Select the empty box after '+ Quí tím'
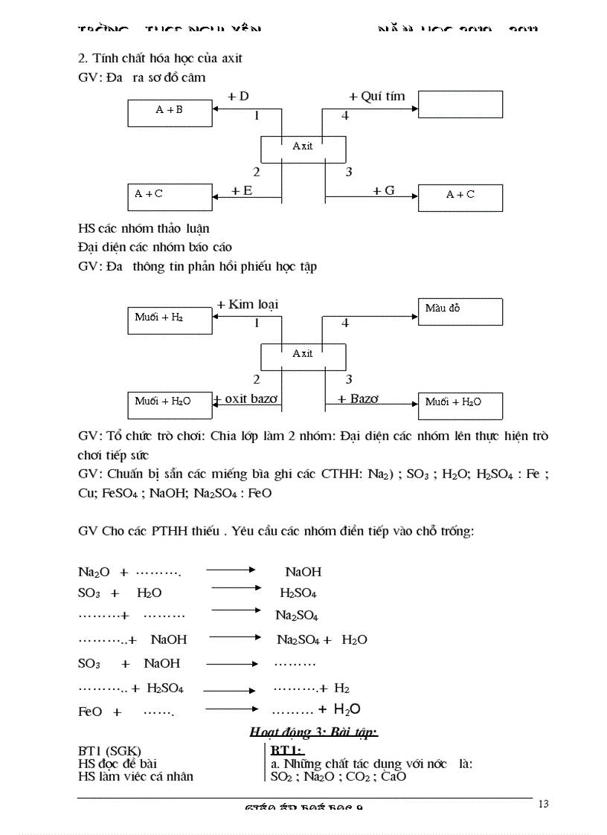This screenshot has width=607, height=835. coord(459,104)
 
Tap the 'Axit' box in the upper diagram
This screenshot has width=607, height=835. coord(303,148)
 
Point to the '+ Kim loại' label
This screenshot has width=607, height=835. coord(248,304)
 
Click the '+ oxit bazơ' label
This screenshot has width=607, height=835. coord(246,399)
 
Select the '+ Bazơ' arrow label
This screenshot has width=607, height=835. coord(358,399)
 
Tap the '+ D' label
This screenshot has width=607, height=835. coord(238,96)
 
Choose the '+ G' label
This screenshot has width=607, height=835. coord(384,191)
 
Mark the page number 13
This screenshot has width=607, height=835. coord(542,803)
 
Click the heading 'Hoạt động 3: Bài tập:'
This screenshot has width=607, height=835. coord(314,732)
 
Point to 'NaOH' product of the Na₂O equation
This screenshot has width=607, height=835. coord(303,572)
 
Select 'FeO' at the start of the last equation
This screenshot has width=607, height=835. coord(90,712)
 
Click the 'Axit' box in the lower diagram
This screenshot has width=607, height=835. coord(303,355)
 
